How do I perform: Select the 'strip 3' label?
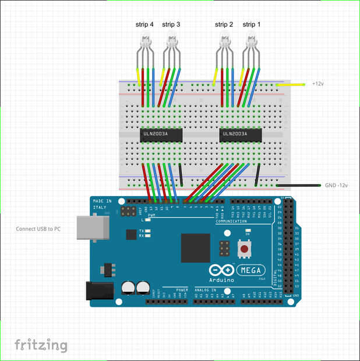click(x=171, y=24)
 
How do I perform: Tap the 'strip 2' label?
click(x=224, y=24)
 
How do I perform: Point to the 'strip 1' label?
click(x=252, y=24)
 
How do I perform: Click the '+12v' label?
click(x=317, y=84)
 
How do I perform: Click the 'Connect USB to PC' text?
click(x=38, y=229)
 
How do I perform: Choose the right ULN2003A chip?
click(x=240, y=135)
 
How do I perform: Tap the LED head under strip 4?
click(x=144, y=41)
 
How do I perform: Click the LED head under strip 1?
click(x=252, y=41)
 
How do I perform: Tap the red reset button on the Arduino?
click(x=243, y=249)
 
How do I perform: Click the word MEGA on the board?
click(x=252, y=270)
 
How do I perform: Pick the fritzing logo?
click(x=40, y=345)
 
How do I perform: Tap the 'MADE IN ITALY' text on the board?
click(x=100, y=204)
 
